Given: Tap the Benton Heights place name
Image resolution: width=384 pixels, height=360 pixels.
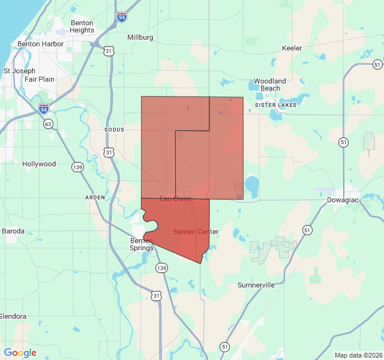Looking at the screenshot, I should click(x=82, y=26).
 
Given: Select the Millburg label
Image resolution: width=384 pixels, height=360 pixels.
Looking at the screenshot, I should click(x=140, y=37).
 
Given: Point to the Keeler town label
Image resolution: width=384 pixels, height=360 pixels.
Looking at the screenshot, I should click(x=292, y=48).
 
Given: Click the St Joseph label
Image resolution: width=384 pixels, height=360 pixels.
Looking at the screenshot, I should click(x=20, y=70).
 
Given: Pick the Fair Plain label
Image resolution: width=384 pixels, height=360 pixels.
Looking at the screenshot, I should click(x=40, y=79).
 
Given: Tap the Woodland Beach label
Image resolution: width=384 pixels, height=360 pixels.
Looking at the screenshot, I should click(x=270, y=85).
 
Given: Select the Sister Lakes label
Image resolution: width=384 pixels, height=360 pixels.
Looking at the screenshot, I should click(x=276, y=105).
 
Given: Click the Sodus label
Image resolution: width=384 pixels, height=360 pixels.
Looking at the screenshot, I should click(x=114, y=130).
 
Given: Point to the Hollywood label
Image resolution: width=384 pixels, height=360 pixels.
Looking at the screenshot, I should click(x=39, y=164).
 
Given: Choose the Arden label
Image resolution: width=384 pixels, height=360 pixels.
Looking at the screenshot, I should click(x=95, y=197).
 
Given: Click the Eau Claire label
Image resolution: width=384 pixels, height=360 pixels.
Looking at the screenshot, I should click(x=175, y=198).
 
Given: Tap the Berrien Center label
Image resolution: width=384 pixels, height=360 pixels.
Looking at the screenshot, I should click(x=196, y=232).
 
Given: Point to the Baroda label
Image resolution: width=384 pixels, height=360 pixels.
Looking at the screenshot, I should click(x=13, y=231).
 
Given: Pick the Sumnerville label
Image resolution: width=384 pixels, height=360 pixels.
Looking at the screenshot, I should click(x=256, y=285).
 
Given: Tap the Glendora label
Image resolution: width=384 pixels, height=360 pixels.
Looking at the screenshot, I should click(x=12, y=316).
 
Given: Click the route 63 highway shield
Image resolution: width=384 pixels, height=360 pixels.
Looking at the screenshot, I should click(x=47, y=124).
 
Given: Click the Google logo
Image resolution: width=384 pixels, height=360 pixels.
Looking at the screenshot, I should click(x=20, y=353).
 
